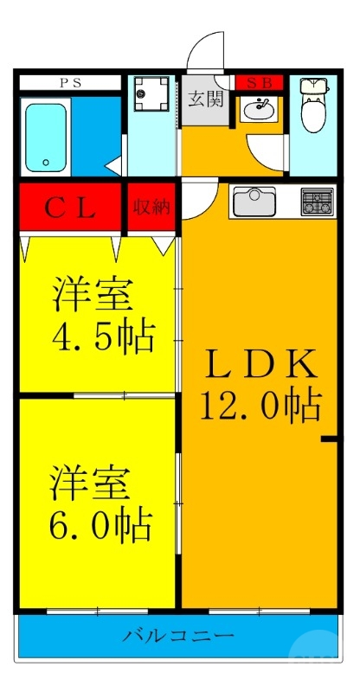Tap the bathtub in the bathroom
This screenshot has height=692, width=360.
tap(48, 138)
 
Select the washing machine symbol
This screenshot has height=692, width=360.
tap(152, 93)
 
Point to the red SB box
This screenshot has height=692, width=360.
tap(259, 83)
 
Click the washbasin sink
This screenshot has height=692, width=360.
tap(258, 110)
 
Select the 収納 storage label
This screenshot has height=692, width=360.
tap(152, 208)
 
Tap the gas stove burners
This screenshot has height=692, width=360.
tap(317, 202)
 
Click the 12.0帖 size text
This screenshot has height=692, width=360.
tap(261, 404)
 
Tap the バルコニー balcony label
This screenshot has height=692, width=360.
tap(178, 637)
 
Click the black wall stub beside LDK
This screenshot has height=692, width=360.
tap(329, 440)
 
